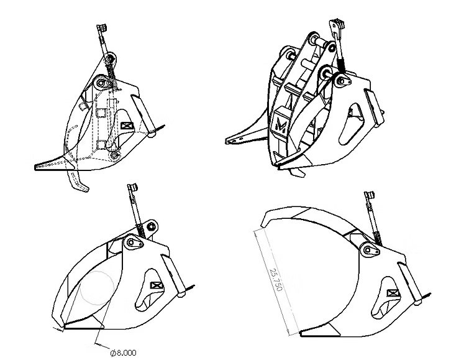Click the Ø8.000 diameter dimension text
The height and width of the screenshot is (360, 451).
124,353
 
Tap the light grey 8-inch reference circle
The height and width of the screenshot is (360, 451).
97,288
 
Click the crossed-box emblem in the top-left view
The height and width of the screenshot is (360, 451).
127,126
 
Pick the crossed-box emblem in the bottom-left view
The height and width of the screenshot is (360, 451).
157,285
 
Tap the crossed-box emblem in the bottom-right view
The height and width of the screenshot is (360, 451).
393,294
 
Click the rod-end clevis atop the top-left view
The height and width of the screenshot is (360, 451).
102,28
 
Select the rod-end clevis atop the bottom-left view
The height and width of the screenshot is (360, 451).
132,187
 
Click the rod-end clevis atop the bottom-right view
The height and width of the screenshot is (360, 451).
369,195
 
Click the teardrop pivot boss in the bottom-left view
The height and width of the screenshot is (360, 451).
134,242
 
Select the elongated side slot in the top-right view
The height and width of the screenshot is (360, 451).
350,124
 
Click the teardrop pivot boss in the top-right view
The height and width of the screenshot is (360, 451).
343,81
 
